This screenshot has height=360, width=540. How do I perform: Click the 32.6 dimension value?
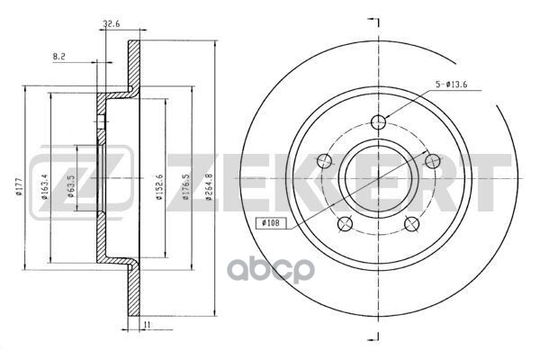(112, 25)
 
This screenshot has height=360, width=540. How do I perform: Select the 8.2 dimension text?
(60, 56)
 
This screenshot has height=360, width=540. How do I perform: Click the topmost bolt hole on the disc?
(379, 123)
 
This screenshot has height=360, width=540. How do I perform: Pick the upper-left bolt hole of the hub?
(325, 161)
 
